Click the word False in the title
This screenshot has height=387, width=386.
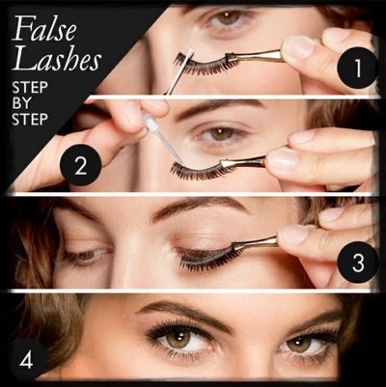coord(44,28)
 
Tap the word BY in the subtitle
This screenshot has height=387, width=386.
coord(21,103)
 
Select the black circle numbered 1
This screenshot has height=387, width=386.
coord(357,68)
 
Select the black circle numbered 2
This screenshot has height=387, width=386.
coord(81,165)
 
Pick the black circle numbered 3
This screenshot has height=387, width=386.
coord(358,263)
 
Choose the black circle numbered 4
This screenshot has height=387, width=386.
coord(27,360)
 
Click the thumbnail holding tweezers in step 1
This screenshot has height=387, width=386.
coord(297,47)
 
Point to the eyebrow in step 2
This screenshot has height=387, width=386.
coord(219,108)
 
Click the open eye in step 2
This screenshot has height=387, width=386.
coord(221,134)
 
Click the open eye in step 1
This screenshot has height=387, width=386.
coord(227,17)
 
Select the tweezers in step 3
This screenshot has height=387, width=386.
coord(254,244)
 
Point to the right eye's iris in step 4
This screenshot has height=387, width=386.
coord(298,344)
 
